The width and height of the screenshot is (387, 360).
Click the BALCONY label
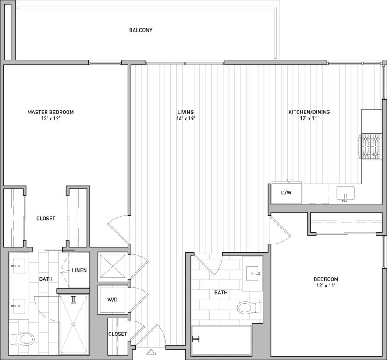[x=141, y=30]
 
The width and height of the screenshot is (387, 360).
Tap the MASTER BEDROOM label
[x=50, y=112]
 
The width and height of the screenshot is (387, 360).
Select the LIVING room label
[x=185, y=112]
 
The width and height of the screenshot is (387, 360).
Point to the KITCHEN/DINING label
[x=309, y=112]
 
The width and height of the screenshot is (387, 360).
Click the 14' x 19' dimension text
[x=185, y=119]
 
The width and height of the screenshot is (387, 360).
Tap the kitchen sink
[x=345, y=194]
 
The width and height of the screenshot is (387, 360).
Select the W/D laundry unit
[x=112, y=300]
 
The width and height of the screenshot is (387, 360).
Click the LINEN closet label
[x=79, y=270]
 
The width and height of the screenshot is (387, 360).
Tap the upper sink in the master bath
[x=19, y=266]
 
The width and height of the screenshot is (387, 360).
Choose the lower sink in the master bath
[x=19, y=306]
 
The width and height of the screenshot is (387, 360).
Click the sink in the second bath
[x=252, y=273]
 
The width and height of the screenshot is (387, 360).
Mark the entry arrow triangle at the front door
[x=151, y=352]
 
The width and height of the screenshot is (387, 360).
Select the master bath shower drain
[x=73, y=324]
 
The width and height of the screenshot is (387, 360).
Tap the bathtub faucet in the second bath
[x=197, y=339]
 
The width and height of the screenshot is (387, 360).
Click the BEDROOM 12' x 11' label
[x=326, y=282]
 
